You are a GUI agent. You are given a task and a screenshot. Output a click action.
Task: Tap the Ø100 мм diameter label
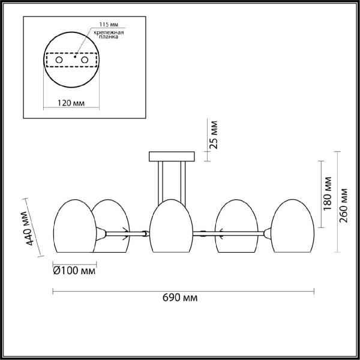tap(74, 272)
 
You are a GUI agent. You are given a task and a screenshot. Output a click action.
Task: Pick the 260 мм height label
tap(344, 205)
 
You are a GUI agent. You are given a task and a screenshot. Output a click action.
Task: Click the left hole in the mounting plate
tap(59, 60)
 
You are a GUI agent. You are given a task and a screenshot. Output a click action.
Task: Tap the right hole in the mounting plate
tap(85, 60)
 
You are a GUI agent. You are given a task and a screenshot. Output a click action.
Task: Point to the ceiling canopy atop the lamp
tap(172, 157)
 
